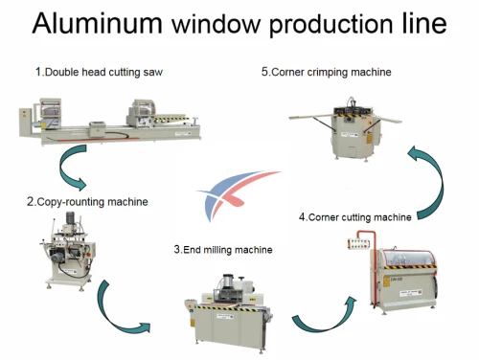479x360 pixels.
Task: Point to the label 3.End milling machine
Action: click(x=222, y=250)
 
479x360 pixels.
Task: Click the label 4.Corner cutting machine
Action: click(x=354, y=216)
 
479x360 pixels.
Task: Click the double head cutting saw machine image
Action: click(x=107, y=123)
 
